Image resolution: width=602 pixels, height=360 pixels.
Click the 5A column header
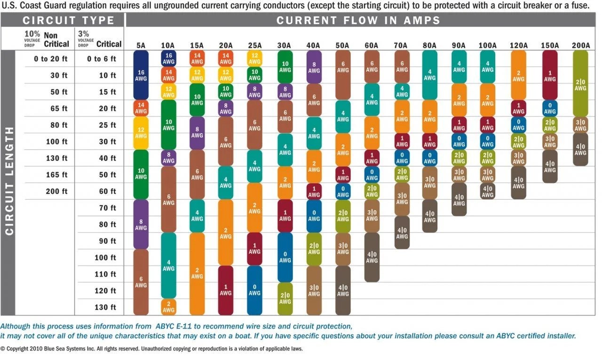point(141,45)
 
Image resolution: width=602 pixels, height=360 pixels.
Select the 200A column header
point(581,45)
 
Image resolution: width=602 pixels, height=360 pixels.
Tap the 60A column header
point(372,45)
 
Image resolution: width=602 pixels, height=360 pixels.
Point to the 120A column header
point(518,45)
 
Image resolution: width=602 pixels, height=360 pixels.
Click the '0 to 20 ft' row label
point(53,59)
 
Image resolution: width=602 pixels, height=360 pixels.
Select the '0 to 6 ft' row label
point(101,59)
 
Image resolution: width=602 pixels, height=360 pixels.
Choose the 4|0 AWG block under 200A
point(580,149)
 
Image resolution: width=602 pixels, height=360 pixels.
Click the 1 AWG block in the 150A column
point(550,75)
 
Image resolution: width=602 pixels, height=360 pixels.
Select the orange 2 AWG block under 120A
point(518,75)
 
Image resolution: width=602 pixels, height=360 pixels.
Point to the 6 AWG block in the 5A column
point(141,282)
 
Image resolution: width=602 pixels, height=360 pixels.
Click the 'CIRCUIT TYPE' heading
point(69,20)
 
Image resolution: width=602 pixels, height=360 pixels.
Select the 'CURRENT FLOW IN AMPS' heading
point(358,20)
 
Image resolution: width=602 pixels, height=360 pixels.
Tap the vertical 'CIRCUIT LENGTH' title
point(9,181)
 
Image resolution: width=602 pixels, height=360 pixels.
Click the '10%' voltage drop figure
point(32,34)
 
